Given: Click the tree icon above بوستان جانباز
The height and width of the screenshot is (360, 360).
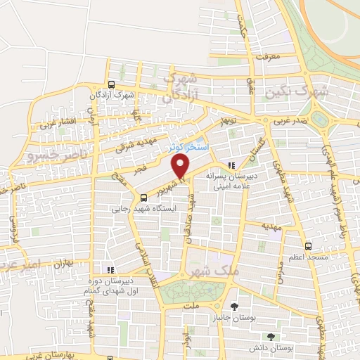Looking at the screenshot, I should click(233, 306).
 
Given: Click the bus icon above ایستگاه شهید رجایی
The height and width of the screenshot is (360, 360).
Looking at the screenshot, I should click(143, 198).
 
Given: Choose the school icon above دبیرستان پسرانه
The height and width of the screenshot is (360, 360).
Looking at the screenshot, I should click(232, 166).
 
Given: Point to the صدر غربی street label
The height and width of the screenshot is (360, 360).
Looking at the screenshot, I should click(290, 120).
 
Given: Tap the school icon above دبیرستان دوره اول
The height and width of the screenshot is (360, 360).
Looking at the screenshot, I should click(109, 269).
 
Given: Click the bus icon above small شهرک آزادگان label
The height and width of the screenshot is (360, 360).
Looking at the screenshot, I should click(109, 82).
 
